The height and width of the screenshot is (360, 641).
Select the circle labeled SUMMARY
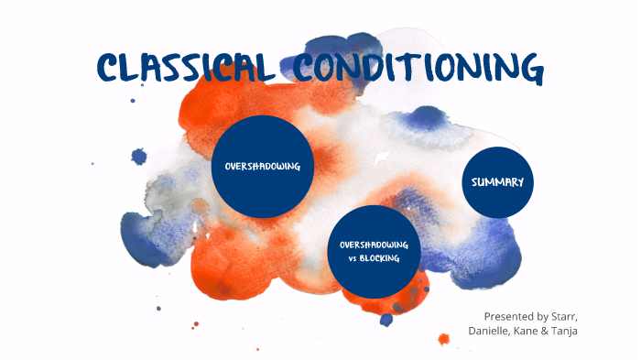coord(497,182)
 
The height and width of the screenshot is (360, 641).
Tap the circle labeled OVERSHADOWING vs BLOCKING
coord(375,252)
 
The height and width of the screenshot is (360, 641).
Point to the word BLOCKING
coord(388,259)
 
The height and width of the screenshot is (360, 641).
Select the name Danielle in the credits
coord(493,330)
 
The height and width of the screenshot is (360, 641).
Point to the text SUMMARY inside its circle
coord(497,182)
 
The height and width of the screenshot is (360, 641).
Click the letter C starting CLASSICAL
coord(110,68)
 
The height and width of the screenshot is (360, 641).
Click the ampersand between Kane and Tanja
coord(552,330)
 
